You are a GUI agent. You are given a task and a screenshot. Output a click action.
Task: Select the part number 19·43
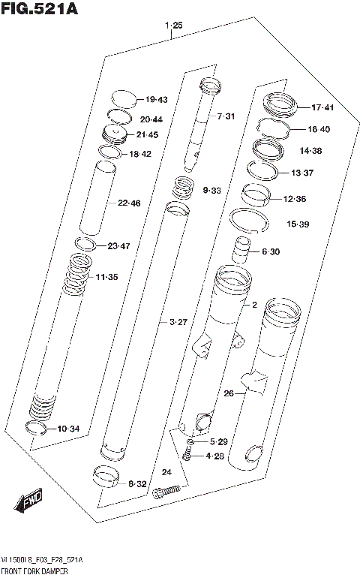[x=157, y=100]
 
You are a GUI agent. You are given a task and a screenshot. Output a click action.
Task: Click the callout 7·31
[x=226, y=116]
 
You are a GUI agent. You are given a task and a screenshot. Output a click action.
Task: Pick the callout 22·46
[x=129, y=203]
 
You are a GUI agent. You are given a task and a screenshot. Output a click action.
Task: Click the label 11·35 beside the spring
[x=106, y=277]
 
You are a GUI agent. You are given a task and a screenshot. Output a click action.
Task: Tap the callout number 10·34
[x=68, y=429]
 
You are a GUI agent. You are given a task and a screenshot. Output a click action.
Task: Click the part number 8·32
[x=137, y=484]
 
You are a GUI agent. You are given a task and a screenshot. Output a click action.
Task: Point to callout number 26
[x=229, y=393]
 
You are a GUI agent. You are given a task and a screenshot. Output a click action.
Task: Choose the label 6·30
[x=271, y=251]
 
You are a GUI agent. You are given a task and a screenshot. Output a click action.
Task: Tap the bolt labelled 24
[x=167, y=492]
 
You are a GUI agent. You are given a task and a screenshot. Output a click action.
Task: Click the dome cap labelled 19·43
[x=124, y=98]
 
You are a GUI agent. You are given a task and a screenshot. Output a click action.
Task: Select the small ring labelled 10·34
[x=35, y=429]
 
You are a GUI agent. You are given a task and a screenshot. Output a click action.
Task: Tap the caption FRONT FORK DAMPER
[x=35, y=572]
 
